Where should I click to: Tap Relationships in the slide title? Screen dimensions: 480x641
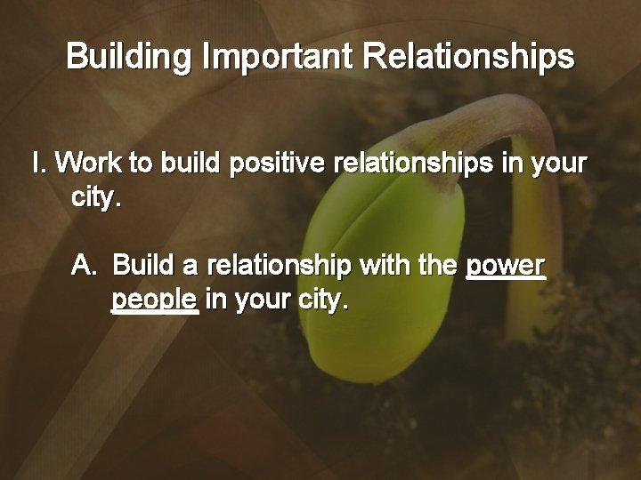pos(471,58)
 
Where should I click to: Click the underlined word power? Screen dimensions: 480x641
pos(505,266)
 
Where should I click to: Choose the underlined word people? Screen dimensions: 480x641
pos(154,300)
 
